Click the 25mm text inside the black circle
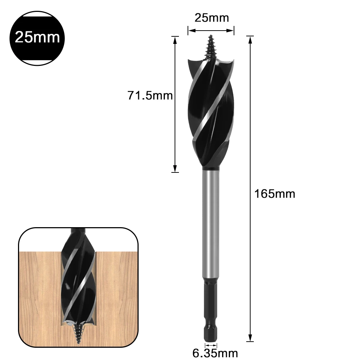[37, 37]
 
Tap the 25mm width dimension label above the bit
[211, 18]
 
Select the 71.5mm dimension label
[150, 95]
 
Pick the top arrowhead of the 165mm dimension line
[250, 39]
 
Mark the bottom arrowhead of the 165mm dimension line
[250, 338]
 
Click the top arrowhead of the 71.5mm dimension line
[175, 39]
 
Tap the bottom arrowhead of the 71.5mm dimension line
[175, 169]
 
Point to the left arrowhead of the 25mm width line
[190, 31]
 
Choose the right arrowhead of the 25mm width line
[232, 31]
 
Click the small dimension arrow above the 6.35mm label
[211, 345]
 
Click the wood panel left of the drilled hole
[38, 288]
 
